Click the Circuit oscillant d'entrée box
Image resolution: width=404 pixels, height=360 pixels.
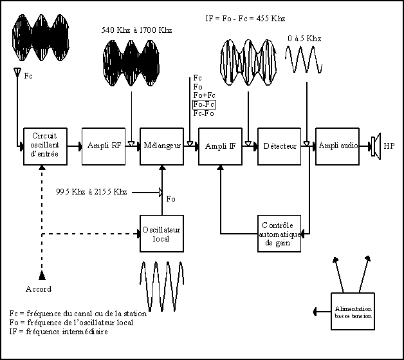click(45, 146)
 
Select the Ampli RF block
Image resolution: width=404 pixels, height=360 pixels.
click(104, 146)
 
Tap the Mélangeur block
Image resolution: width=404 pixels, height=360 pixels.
click(162, 146)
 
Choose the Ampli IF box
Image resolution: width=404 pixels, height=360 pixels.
click(220, 146)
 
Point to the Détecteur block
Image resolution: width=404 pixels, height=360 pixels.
click(279, 146)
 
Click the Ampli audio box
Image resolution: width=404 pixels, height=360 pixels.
click(338, 146)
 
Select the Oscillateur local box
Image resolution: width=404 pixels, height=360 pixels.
click(162, 234)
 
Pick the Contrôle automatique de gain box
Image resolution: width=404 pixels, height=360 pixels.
click(279, 234)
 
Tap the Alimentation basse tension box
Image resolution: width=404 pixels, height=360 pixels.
click(353, 311)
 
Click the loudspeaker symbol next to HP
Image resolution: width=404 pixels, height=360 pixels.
click(376, 146)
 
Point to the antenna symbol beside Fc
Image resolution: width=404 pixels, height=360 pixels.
click(17, 72)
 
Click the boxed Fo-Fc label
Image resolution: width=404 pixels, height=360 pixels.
click(204, 104)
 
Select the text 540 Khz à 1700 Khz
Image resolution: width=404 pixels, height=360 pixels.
click(136, 30)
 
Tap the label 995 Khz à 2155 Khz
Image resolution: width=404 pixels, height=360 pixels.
click(91, 192)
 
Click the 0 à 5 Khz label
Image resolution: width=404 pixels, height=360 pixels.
click(304, 39)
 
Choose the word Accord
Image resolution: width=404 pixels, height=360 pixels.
click(39, 289)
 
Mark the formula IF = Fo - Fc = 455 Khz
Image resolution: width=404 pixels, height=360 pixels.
click(245, 19)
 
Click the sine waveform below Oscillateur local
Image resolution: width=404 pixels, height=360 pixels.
click(162, 286)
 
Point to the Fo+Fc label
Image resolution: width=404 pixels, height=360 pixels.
click(205, 95)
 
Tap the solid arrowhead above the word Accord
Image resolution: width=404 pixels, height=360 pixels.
click(42, 276)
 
